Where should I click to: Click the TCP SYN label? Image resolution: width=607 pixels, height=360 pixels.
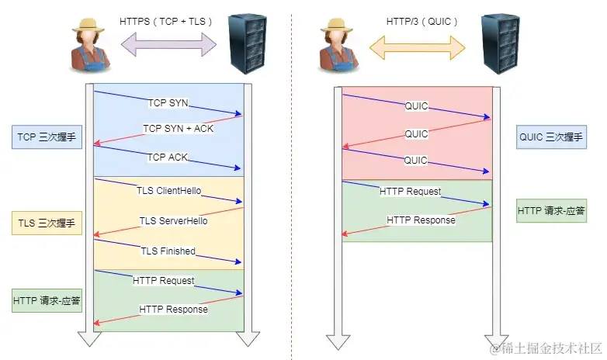tap(168, 102)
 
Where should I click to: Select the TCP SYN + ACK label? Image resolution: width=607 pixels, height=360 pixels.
tap(178, 128)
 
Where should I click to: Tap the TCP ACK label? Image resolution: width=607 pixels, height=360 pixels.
tap(168, 157)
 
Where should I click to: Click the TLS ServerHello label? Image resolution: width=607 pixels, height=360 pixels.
tap(173, 221)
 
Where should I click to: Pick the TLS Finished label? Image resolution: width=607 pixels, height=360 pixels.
tap(167, 251)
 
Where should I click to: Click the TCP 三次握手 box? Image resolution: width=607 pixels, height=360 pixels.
tap(47, 138)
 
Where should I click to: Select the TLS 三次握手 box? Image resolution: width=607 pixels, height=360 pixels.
tap(47, 224)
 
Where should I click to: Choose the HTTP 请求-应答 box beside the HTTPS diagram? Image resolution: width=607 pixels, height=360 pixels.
tap(47, 300)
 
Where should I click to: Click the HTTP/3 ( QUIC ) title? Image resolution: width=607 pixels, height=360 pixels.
tap(421, 21)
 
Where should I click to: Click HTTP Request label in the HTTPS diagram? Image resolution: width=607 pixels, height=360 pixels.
tap(163, 280)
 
